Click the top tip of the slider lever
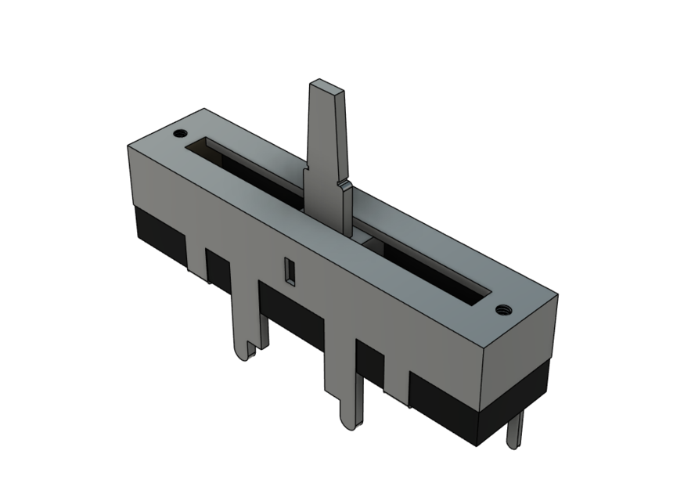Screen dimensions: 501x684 click(327, 86)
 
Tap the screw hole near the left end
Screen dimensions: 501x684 click(182, 132)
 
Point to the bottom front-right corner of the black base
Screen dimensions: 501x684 click(479, 445)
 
